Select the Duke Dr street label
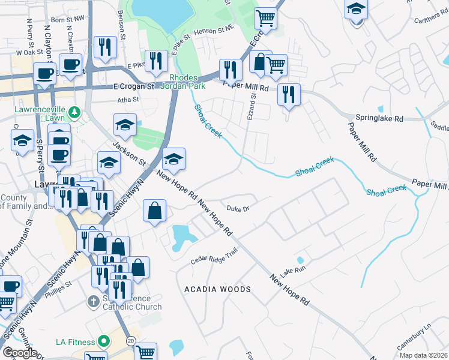pyautogui.click(x=238, y=209)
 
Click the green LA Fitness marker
pyautogui.click(x=103, y=342)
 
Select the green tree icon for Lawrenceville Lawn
pyautogui.click(x=74, y=112)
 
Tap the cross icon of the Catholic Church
pyautogui.click(x=93, y=300)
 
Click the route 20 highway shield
pyautogui.click(x=130, y=340)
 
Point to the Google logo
pyautogui.click(x=19, y=353)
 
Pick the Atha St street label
pyautogui.click(x=128, y=100)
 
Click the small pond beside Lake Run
pyautogui.click(x=300, y=260)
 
